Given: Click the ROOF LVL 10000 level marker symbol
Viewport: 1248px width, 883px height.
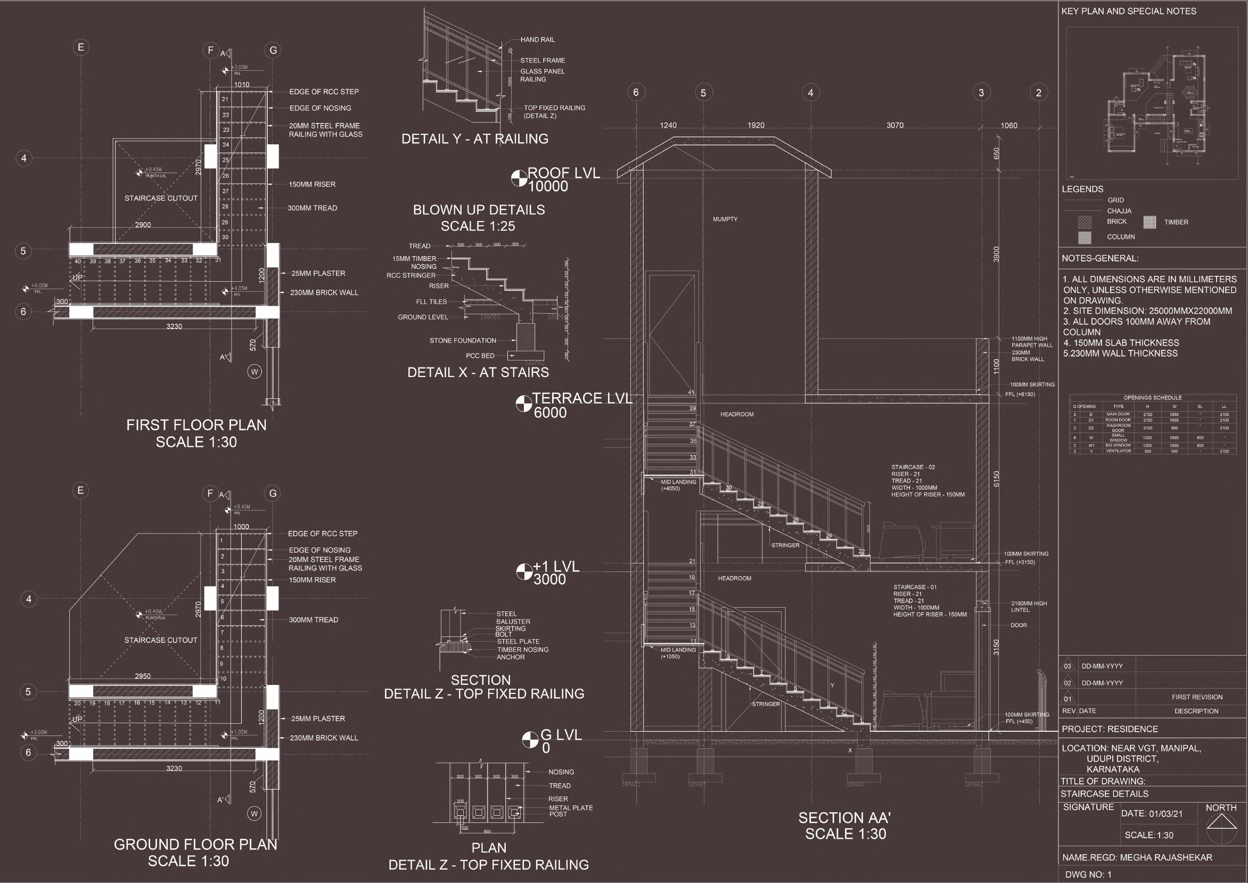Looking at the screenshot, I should click(519, 179).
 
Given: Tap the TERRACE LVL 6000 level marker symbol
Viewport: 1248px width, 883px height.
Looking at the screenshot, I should click(523, 404).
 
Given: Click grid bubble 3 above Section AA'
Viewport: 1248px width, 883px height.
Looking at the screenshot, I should click(981, 93).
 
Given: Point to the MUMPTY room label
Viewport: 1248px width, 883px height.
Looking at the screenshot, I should click(725, 219).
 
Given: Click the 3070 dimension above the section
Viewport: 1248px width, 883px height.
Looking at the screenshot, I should click(894, 126).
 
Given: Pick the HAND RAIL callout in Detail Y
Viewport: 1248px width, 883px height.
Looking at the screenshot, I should click(537, 40).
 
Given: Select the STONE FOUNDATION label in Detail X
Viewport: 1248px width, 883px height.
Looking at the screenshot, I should click(463, 341).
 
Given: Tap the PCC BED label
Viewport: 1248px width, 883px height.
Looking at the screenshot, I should click(480, 356).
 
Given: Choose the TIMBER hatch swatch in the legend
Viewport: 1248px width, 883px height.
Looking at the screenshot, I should click(1149, 222).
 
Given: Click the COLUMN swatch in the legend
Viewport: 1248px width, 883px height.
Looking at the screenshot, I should click(1085, 238).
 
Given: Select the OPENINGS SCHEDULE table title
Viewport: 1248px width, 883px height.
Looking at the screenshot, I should click(1152, 398).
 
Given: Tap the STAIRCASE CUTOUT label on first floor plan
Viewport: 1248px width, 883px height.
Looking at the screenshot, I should click(161, 199).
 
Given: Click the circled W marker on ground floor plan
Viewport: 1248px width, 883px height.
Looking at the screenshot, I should click(254, 813).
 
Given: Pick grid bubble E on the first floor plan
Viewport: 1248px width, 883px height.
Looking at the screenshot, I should click(80, 47).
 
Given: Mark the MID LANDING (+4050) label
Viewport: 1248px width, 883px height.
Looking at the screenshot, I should click(678, 485).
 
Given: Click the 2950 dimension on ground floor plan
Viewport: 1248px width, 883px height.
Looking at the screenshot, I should click(143, 676).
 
